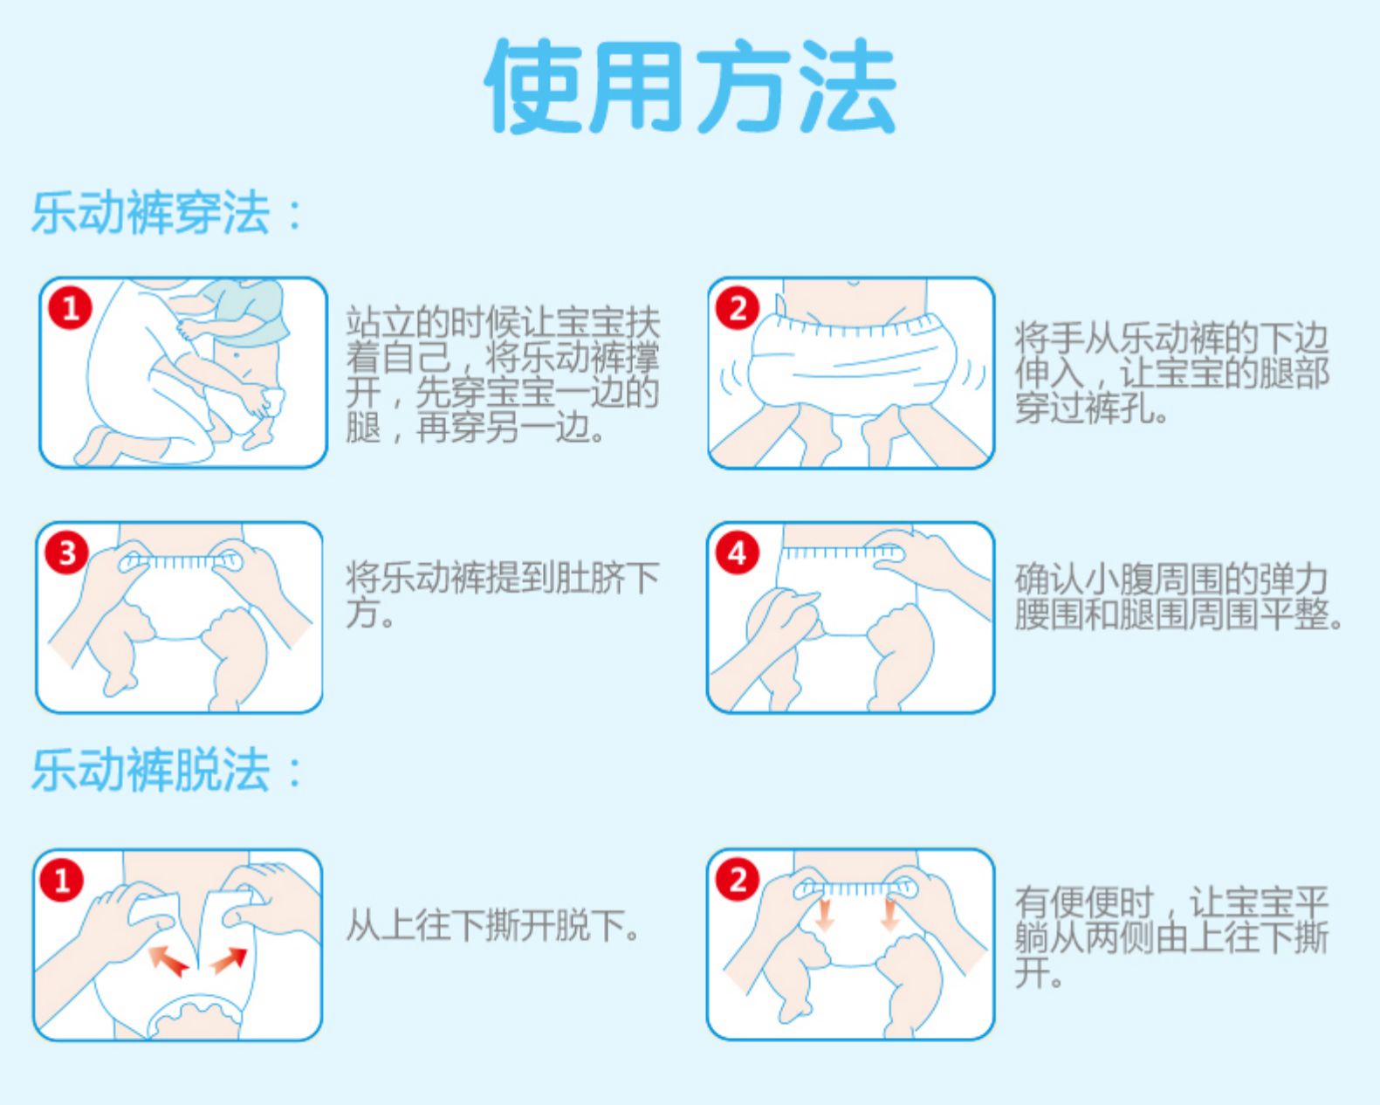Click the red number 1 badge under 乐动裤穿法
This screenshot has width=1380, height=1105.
pyautogui.click(x=70, y=308)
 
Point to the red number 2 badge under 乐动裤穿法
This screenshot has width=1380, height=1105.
pyautogui.click(x=738, y=308)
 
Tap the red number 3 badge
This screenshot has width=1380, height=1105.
pyautogui.click(x=66, y=552)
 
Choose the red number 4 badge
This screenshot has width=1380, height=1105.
pyautogui.click(x=738, y=552)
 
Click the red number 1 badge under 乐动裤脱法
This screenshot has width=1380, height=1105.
pyautogui.click(x=62, y=880)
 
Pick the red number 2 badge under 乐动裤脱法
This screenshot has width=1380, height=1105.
pyautogui.click(x=738, y=880)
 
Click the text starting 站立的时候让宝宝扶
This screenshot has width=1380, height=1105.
pyautogui.click(x=502, y=375)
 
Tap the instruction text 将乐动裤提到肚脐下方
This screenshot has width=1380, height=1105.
pyautogui.click(x=502, y=594)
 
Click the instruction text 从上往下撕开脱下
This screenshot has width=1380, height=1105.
pyautogui.click(x=493, y=925)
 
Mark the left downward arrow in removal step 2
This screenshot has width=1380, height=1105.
pyautogui.click(x=823, y=914)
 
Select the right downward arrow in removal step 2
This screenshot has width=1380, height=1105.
pyautogui.click(x=889, y=914)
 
